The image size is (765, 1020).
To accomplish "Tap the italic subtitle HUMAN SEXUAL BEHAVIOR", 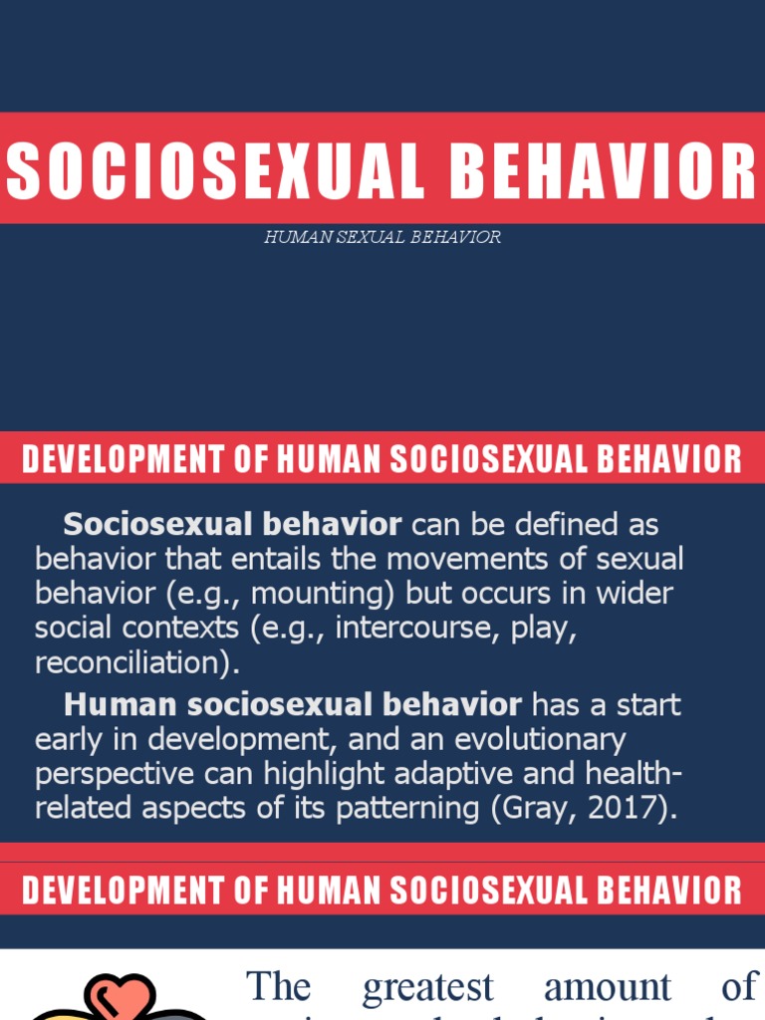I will (x=382, y=237).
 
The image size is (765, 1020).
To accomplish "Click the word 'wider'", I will (x=636, y=593).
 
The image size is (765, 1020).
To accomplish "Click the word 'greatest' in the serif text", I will (x=427, y=986).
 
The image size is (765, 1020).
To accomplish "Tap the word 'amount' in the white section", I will (x=608, y=986).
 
